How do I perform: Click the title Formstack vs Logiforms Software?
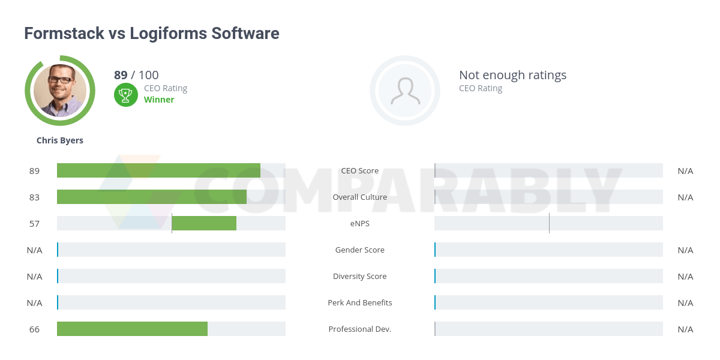[x=151, y=33]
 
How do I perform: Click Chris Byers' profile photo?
[x=60, y=91]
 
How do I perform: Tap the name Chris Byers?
[x=60, y=140]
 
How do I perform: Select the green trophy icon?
[x=125, y=94]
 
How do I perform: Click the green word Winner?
[x=159, y=100]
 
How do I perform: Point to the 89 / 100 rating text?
[x=136, y=75]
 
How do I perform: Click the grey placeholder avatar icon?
[x=405, y=91]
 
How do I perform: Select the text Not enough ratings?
[x=512, y=75]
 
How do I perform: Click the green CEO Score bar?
[x=158, y=170]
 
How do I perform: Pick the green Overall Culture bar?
[x=151, y=197]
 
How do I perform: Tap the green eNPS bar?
[x=204, y=223]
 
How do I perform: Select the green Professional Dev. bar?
[x=132, y=329]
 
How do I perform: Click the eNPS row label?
[x=360, y=223]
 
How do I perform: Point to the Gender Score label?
[x=360, y=250]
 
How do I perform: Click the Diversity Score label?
[x=360, y=276]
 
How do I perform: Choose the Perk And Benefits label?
[x=360, y=302]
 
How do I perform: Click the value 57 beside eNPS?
[x=34, y=223]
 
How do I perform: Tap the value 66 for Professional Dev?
[x=34, y=329]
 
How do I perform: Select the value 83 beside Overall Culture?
[x=34, y=197]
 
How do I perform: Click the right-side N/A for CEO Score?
[x=685, y=170]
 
